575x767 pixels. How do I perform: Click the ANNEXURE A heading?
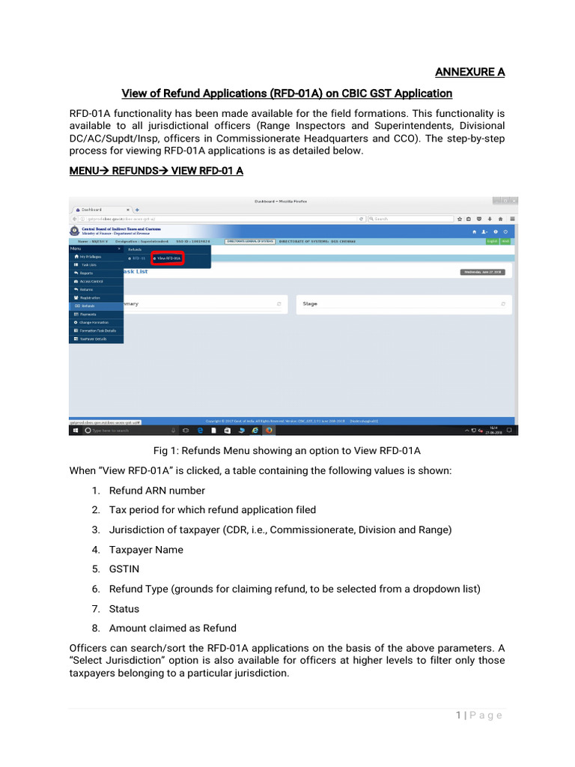[469, 72]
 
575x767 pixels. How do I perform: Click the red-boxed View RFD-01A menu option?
[168, 258]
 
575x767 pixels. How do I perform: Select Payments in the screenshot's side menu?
[88, 314]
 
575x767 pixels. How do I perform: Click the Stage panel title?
[310, 304]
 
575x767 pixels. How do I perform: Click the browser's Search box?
[412, 219]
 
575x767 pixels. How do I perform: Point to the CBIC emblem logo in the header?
[74, 231]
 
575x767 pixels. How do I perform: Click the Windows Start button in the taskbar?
[75, 431]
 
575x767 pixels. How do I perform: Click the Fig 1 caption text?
[287, 450]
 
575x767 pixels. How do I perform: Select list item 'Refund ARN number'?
[156, 491]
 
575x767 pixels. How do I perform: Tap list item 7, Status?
[124, 609]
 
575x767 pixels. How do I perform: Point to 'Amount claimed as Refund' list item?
[172, 628]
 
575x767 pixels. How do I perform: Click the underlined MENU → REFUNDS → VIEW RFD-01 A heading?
[156, 171]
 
